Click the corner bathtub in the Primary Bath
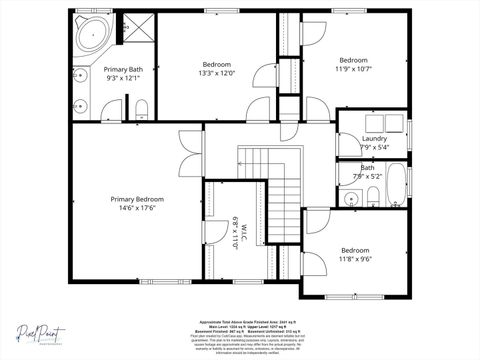click(x=93, y=36)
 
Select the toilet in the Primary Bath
click(x=141, y=108)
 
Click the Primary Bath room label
click(x=124, y=69)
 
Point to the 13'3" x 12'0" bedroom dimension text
click(x=217, y=73)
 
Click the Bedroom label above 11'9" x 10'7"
click(x=352, y=60)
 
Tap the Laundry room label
click(x=375, y=138)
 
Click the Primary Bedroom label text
click(x=137, y=199)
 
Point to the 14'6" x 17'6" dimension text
click(x=137, y=209)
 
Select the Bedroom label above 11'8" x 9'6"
click(x=355, y=250)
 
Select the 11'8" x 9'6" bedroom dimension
click(x=355, y=259)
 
